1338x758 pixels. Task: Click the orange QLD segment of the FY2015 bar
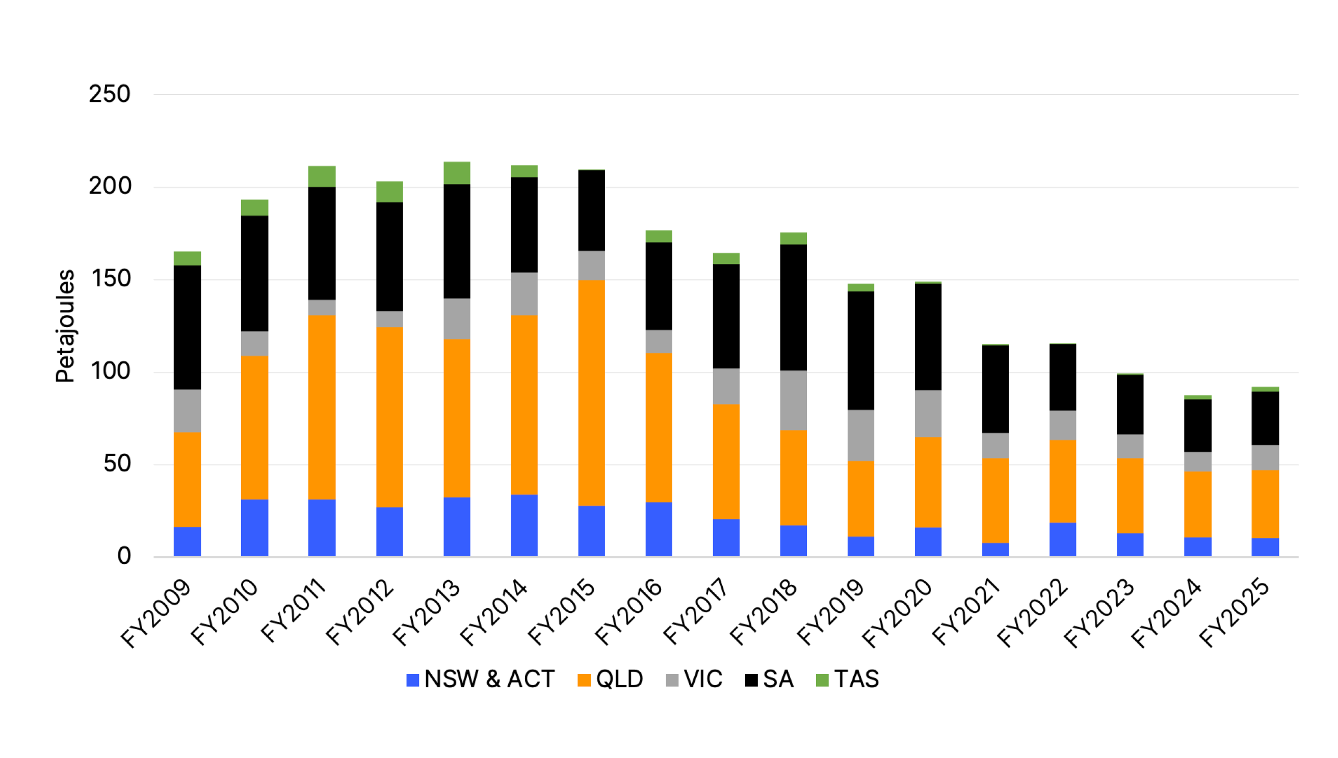pos(591,393)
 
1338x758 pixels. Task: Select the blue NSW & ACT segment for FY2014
pos(524,525)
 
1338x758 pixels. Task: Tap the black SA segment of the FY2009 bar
pos(187,328)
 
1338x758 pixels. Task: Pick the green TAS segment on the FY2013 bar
pos(457,173)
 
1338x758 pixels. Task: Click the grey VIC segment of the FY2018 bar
pos(793,400)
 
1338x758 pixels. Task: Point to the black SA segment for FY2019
pos(860,350)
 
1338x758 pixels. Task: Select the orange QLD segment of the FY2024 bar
pos(1197,504)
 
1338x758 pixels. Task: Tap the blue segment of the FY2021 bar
pos(995,550)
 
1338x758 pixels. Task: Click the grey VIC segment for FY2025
pos(1265,457)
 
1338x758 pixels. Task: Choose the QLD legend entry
pos(611,680)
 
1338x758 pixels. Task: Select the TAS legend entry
pos(847,680)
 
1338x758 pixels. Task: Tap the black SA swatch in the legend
pos(751,680)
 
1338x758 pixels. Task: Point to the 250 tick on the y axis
pos(110,94)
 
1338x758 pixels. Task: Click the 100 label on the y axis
pos(111,371)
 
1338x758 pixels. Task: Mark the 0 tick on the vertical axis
pos(124,556)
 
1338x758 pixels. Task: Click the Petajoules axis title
pos(66,326)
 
